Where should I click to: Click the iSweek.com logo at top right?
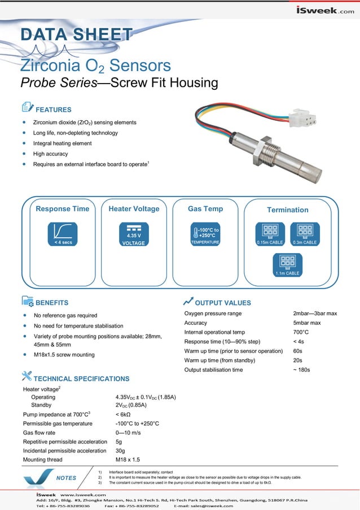pos(325,10)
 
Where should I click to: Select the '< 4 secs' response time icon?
pos(63,234)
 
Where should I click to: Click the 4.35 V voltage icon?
pos(134,234)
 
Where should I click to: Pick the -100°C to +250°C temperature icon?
pos(205,234)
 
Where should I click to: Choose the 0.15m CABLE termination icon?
pos(270,234)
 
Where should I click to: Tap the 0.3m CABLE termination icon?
pos(305,234)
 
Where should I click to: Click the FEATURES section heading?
pos(53,110)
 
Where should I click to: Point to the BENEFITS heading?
pos(51,303)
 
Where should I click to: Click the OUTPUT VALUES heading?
pos(222,303)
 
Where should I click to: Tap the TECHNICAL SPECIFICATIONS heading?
pos(81,378)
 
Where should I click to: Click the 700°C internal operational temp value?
pos(301,332)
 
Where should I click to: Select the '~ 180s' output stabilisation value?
pos(301,369)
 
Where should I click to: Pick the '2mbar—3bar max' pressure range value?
pos(315,313)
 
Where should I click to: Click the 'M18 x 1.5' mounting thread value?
pos(128,460)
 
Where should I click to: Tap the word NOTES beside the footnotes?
pos(66,478)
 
